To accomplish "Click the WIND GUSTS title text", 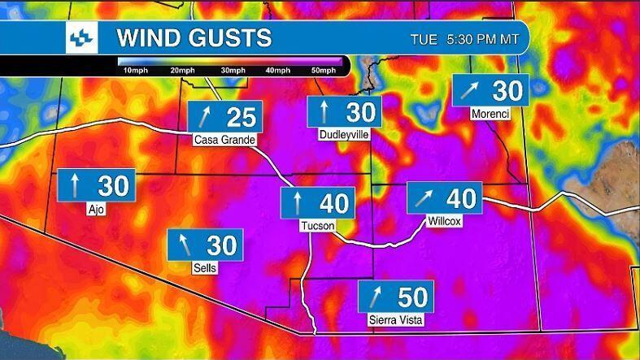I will point(194,37).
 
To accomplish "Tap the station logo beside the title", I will point(82,37).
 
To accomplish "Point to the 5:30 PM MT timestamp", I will point(483,39).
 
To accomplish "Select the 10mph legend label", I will point(135,71).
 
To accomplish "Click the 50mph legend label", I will point(324,71).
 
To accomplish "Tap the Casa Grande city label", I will point(224,140).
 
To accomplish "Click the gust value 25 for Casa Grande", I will point(241,117).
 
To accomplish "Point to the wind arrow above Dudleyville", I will point(324,111).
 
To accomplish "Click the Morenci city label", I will point(490,115).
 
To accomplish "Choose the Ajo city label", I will point(96,208).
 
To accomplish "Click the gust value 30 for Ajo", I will point(113,185).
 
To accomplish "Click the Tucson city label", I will point(317,225).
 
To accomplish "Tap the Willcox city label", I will point(445,220).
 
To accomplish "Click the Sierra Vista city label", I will point(396,319).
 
